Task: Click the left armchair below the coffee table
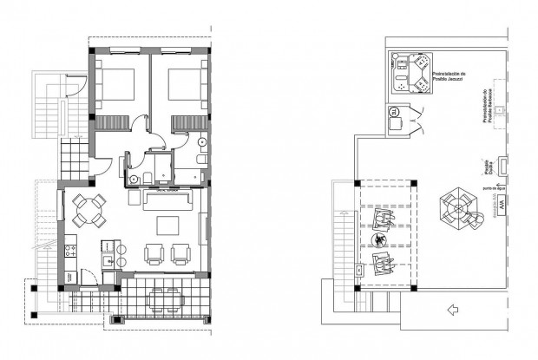click(x=154, y=253)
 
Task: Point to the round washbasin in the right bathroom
click(x=201, y=142)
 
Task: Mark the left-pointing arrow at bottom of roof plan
click(x=450, y=307)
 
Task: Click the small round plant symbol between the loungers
click(x=379, y=239)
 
